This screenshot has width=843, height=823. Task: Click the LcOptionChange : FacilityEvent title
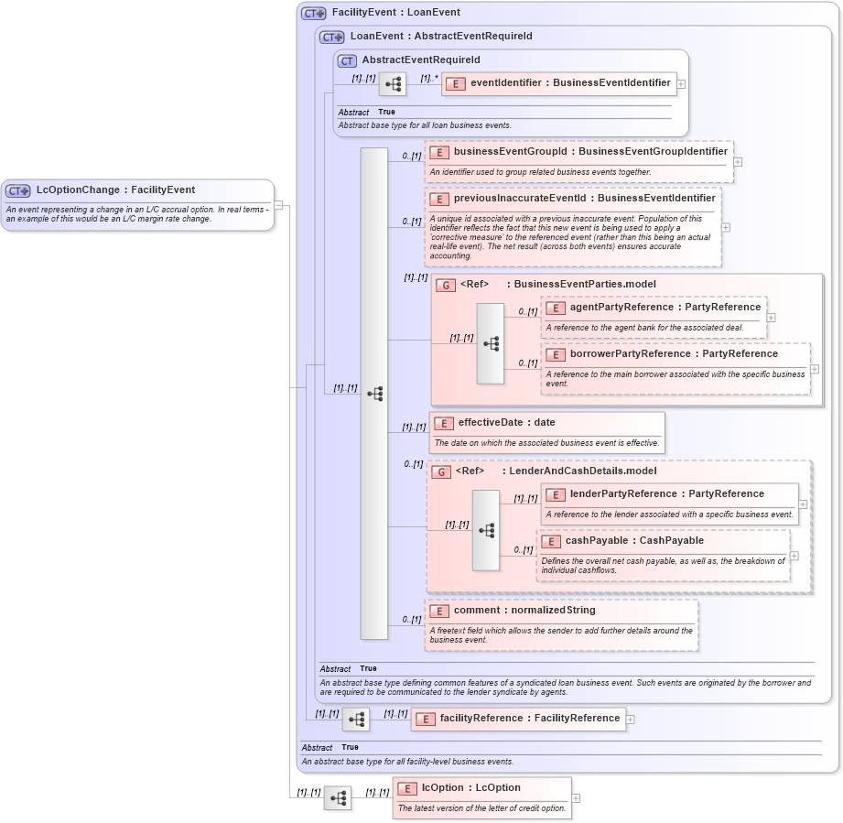point(115,190)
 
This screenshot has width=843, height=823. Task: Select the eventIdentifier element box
point(559,83)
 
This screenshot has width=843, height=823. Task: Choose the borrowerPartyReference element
point(674,354)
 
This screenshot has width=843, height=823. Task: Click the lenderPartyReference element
point(666,494)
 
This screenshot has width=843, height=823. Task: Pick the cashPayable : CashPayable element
point(634,541)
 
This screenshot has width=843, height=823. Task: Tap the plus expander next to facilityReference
point(631,720)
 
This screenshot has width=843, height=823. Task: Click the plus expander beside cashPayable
point(794,556)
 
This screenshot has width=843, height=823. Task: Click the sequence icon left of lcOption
point(337,798)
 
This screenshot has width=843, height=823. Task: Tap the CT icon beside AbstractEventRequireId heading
point(347,60)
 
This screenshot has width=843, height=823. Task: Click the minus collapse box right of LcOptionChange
point(278,205)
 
